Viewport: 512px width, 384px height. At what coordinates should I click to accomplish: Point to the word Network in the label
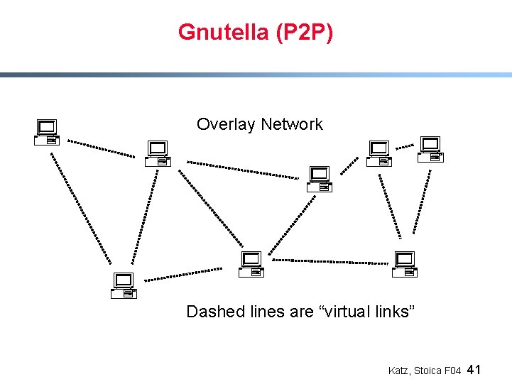point(291,125)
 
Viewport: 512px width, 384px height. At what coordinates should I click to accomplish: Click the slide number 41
point(475,370)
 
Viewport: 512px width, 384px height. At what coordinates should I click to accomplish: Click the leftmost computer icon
point(47,132)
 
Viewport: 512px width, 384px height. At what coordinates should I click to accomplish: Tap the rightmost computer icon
point(430,150)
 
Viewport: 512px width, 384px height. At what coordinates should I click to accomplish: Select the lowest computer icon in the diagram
point(124,285)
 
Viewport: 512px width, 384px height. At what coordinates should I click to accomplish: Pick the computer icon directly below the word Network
point(320,180)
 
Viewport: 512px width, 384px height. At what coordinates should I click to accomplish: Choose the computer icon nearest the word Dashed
point(251,264)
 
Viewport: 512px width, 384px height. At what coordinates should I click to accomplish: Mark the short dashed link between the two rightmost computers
point(405,147)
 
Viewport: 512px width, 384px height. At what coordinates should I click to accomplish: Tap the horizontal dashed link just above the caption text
point(330,261)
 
